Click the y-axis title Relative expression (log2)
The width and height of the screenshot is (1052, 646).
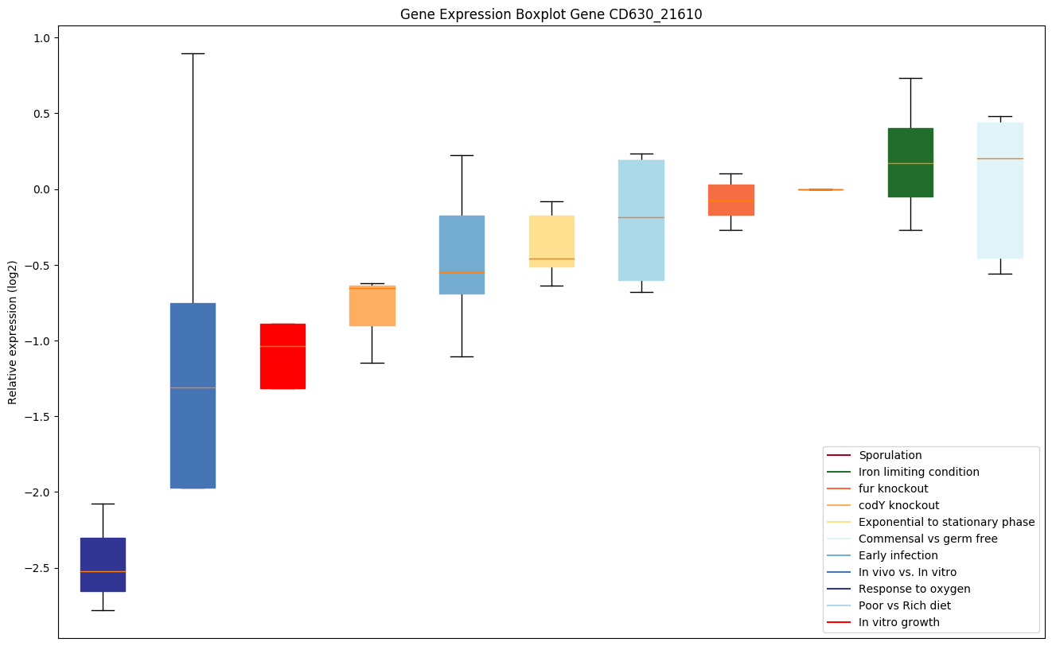(x=13, y=332)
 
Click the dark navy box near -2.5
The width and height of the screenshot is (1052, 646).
(x=103, y=565)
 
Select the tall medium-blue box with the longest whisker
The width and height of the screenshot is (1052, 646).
(x=193, y=395)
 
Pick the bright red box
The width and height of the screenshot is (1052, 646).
(x=282, y=356)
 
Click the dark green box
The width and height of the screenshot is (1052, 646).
(x=910, y=162)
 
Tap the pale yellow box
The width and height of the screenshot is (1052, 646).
(x=551, y=241)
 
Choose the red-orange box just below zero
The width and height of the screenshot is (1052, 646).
(x=731, y=200)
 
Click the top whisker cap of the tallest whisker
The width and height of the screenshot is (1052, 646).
(x=193, y=53)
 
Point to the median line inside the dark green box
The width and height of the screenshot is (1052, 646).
(x=910, y=163)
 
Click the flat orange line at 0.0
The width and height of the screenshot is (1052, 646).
(x=820, y=189)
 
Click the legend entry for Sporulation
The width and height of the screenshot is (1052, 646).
(x=890, y=455)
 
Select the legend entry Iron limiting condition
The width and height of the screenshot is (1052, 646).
(x=918, y=472)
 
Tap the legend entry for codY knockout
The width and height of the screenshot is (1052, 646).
(x=898, y=505)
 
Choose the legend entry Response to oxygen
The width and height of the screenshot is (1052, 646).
(x=914, y=589)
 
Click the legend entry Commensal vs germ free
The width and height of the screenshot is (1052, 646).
(x=928, y=539)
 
